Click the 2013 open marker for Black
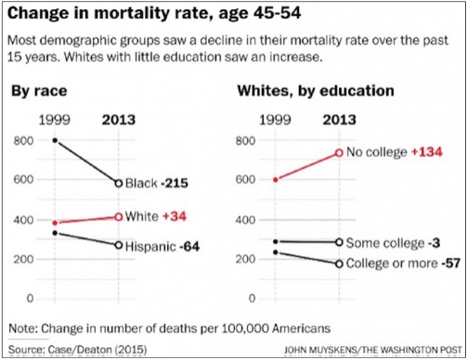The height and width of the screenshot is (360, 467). [x=119, y=183]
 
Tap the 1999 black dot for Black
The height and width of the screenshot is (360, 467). [x=55, y=140]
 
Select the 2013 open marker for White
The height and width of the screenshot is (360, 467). [x=119, y=217]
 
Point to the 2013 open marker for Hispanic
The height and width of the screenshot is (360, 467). [x=119, y=245]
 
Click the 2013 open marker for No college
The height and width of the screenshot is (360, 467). [x=339, y=153]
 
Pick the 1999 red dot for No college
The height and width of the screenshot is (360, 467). [x=276, y=179]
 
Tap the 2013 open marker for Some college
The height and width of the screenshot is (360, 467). [x=339, y=242]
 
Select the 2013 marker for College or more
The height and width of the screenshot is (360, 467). [x=339, y=264]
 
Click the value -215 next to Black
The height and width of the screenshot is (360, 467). [x=175, y=183]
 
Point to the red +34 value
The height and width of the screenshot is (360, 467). [x=175, y=216]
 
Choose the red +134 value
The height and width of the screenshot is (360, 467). [x=427, y=152]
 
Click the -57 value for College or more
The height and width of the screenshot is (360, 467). [x=450, y=264]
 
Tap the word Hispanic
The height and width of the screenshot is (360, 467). [x=150, y=247]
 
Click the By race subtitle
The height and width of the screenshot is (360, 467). [x=39, y=91]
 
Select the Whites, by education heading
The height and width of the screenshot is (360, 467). [x=316, y=91]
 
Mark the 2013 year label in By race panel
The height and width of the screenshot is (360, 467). [x=119, y=120]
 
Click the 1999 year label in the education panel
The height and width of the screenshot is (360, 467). [x=275, y=120]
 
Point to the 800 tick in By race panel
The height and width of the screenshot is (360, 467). [x=23, y=141]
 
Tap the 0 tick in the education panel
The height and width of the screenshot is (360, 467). [x=252, y=299]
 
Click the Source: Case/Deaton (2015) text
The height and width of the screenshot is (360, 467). [x=78, y=350]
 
